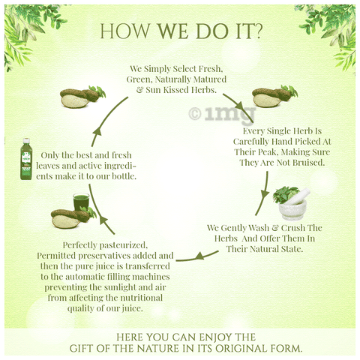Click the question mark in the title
tap(257, 31)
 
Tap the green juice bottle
tap(26, 159)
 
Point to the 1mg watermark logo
tap(223, 115)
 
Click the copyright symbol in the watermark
tap(195, 114)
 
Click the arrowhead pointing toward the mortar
tap(265, 194)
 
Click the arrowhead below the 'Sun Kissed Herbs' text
tap(239, 105)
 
